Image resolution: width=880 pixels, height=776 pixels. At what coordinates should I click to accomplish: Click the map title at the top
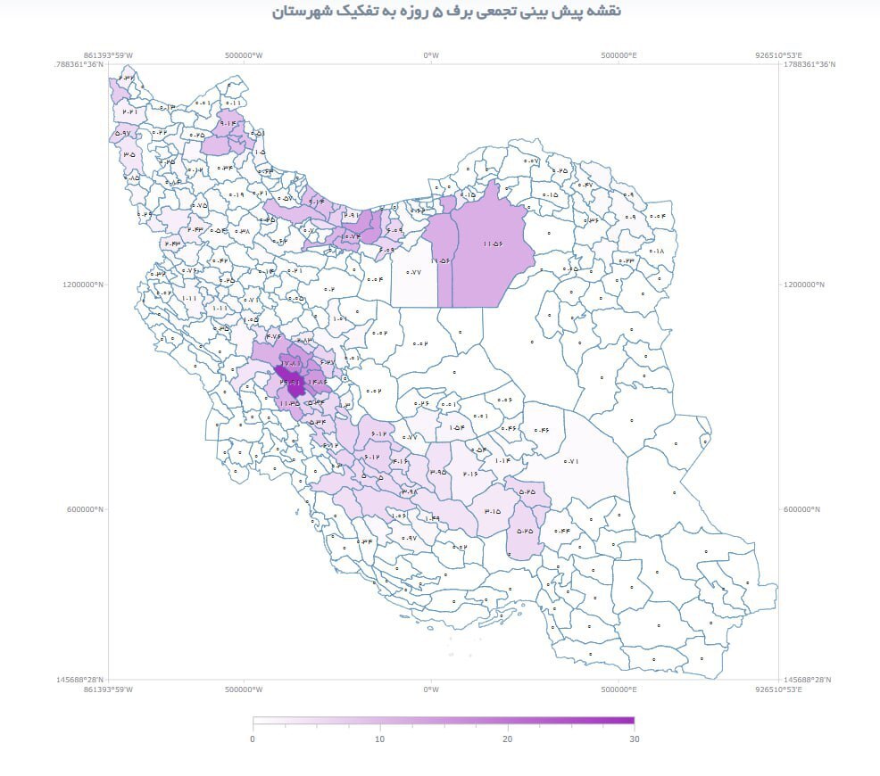point(446,12)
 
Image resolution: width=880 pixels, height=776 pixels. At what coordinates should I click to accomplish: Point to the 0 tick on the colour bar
point(253,739)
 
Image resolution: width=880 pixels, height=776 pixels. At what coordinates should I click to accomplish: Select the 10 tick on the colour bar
point(379,739)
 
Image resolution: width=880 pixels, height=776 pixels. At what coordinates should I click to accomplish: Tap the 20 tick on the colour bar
point(507,739)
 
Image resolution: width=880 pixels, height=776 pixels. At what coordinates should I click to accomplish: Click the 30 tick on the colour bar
point(634,739)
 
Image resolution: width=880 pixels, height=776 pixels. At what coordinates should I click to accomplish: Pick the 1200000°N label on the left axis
point(84,285)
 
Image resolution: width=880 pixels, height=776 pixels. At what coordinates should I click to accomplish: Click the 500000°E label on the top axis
point(618,55)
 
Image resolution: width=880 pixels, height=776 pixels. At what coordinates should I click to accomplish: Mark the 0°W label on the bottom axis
point(431,689)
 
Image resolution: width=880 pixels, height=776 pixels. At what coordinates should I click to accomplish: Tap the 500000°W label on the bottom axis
point(244,689)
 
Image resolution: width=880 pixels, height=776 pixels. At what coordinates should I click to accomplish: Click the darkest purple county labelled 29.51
point(290,383)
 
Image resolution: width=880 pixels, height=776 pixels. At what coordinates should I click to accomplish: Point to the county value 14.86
point(317,383)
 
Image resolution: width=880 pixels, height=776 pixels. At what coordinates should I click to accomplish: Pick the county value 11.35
point(288,403)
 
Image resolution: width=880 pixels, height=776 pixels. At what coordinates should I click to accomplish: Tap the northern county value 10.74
point(350,236)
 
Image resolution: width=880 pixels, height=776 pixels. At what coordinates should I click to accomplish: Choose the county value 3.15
point(492,512)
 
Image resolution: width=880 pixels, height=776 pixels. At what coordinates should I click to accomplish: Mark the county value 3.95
point(437,472)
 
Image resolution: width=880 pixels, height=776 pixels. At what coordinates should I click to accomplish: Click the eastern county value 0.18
point(657,252)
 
